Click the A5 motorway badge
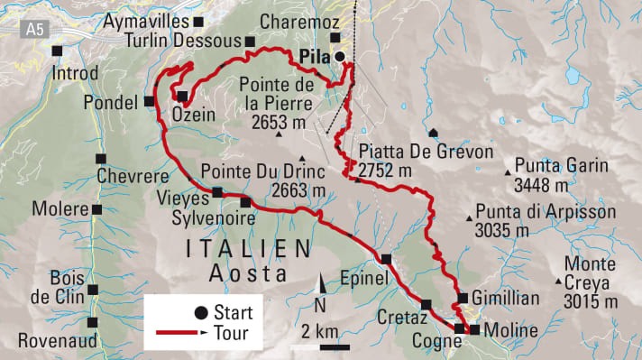[35, 30]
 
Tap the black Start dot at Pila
[340, 57]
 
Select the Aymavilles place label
[147, 20]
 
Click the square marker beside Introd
[59, 51]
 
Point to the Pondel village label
[114, 100]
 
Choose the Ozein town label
[190, 115]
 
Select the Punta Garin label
[555, 166]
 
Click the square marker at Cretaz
[426, 303]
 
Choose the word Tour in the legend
[232, 334]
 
